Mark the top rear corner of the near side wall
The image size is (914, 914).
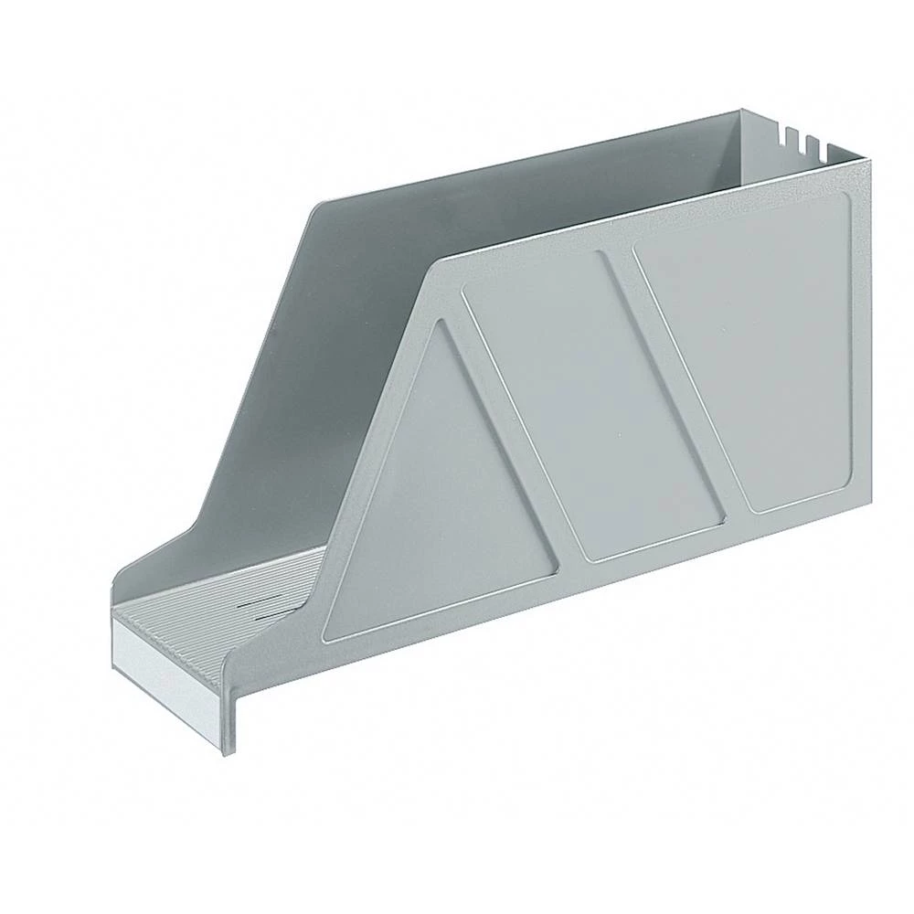[x=869, y=162]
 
